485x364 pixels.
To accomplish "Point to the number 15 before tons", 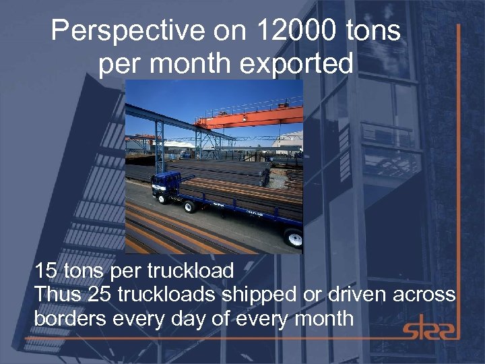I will [x=45, y=272].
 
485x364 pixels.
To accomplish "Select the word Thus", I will [x=56, y=295].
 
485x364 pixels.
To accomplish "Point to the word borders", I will [x=68, y=317].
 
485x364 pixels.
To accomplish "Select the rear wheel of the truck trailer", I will [x=294, y=238].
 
